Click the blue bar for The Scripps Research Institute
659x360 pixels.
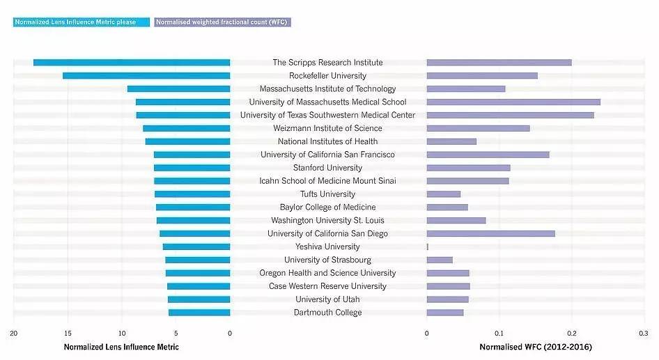pyautogui.click(x=132, y=63)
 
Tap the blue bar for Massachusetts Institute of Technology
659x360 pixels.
pyautogui.click(x=178, y=89)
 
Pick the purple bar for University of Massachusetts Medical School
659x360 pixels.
pyautogui.click(x=513, y=102)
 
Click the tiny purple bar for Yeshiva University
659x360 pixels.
pyautogui.click(x=428, y=246)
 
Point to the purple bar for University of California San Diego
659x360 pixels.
pyautogui.click(x=490, y=234)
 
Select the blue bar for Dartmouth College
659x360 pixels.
pyautogui.click(x=199, y=313)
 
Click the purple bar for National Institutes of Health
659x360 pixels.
pyautogui.click(x=451, y=141)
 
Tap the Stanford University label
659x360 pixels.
pyautogui.click(x=327, y=168)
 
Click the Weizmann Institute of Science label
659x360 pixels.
pyautogui.click(x=327, y=128)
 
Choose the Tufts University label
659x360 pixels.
pyautogui.click(x=327, y=194)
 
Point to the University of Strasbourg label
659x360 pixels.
pyautogui.click(x=327, y=260)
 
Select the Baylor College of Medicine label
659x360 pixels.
pyautogui.click(x=327, y=208)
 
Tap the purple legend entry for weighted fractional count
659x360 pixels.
pyautogui.click(x=222, y=22)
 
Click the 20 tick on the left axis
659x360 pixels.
pyautogui.click(x=13, y=334)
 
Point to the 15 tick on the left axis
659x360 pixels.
pyautogui.click(x=68, y=334)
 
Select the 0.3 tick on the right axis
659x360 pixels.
pyautogui.click(x=643, y=334)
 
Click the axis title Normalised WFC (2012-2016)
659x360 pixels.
pyautogui.click(x=536, y=347)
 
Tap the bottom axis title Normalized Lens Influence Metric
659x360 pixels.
pyautogui.click(x=121, y=347)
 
